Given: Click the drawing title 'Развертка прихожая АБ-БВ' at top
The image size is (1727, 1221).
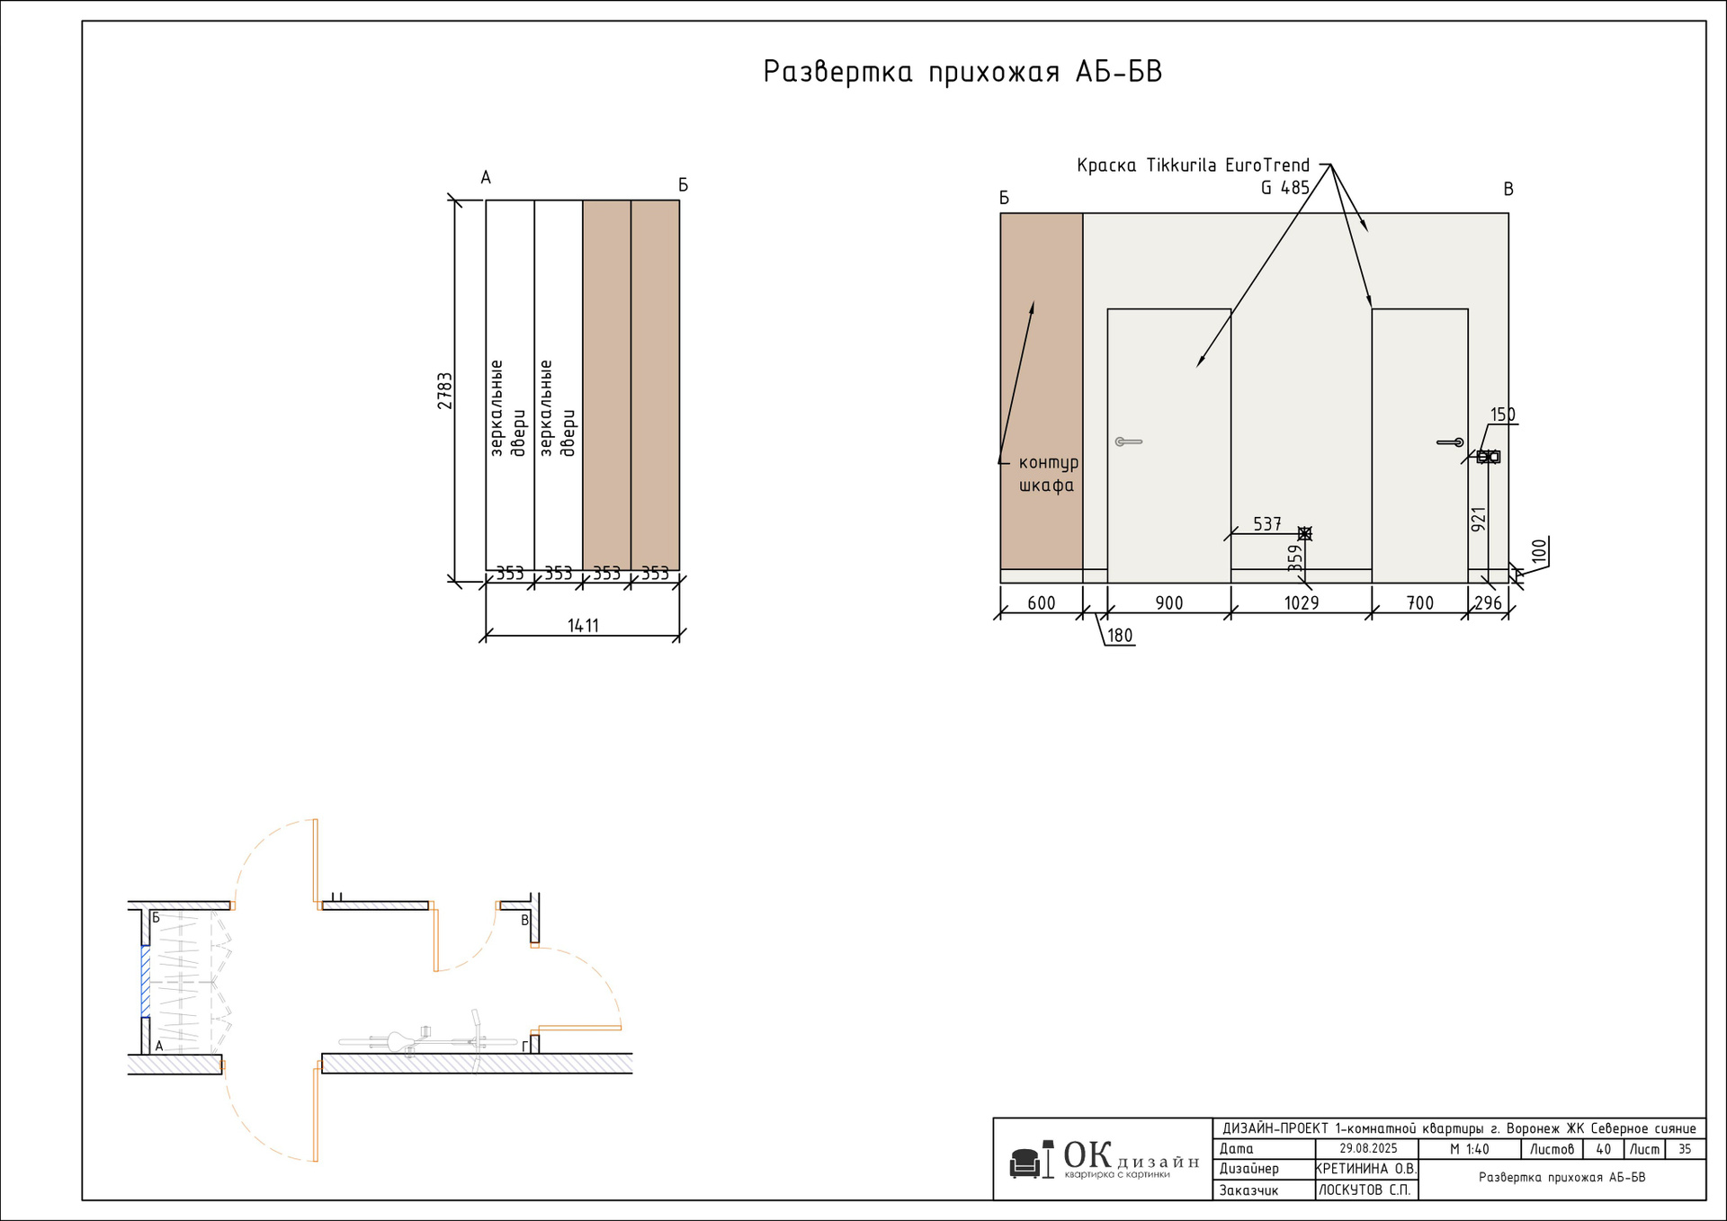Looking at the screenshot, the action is tap(962, 72).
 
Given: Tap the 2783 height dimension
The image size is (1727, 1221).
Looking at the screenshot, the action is tap(445, 391).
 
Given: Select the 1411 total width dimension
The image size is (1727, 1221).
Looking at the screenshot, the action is tap(583, 626).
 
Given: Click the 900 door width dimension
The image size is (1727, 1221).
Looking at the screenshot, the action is tap(1168, 603).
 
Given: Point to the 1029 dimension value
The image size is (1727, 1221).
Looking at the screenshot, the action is tap(1301, 603).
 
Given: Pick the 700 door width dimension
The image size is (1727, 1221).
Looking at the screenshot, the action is tap(1419, 603).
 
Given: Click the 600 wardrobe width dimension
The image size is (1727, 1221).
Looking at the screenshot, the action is tap(1041, 603).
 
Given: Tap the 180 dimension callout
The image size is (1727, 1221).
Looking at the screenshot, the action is tap(1120, 636).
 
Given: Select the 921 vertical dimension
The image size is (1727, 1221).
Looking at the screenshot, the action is tap(1478, 519).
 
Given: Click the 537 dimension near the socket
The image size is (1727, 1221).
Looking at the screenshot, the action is tap(1266, 523).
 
